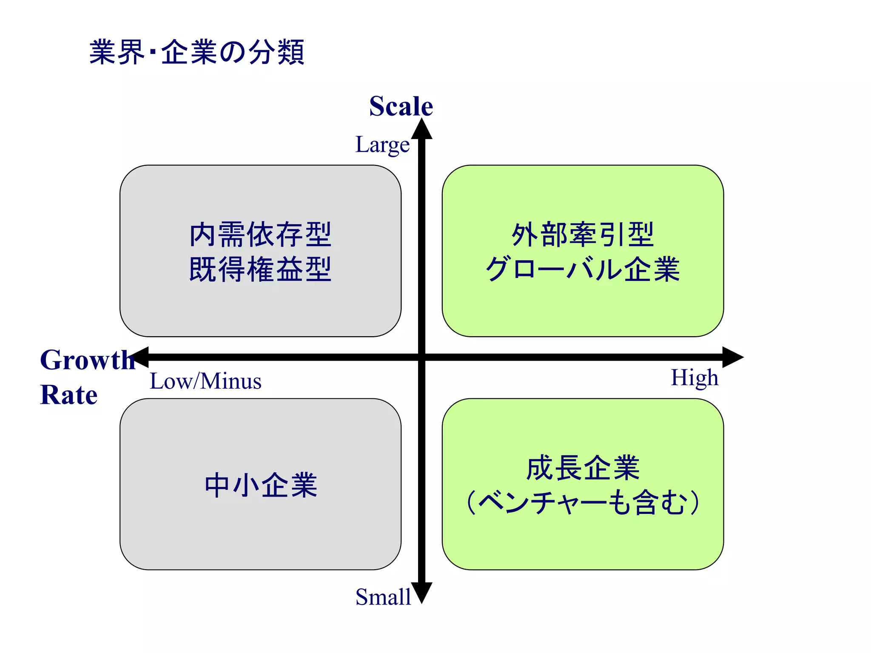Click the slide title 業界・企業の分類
(x=197, y=52)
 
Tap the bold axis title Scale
(x=401, y=106)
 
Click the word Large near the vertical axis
(x=382, y=145)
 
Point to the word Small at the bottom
(x=383, y=597)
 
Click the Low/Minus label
(x=205, y=381)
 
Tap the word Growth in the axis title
(x=87, y=360)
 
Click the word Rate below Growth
(x=69, y=395)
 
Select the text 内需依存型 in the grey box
(x=260, y=235)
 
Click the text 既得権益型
(x=260, y=269)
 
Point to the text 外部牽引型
(x=583, y=235)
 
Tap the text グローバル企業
(x=583, y=269)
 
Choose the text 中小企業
(x=261, y=485)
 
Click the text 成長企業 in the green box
(x=583, y=468)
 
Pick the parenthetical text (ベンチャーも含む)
(x=583, y=503)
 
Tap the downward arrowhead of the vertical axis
(x=421, y=592)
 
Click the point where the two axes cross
(x=421, y=357)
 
